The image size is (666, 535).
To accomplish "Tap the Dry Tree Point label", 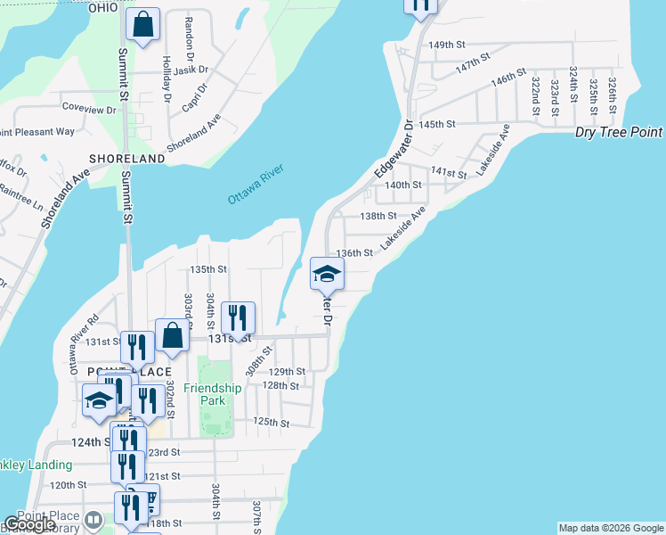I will [619, 132].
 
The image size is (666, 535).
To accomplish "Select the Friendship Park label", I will [213, 394].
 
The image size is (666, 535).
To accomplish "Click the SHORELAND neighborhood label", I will [127, 159].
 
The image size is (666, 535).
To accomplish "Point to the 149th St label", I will [447, 45].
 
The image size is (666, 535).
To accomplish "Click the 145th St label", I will [438, 125].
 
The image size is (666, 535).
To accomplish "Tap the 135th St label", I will [209, 268].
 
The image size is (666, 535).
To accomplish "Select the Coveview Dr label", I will [89, 108].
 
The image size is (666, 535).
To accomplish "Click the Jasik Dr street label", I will [191, 70].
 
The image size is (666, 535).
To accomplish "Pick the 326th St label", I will [613, 93].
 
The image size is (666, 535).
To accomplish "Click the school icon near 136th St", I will [327, 274].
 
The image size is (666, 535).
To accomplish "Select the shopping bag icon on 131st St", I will [173, 336].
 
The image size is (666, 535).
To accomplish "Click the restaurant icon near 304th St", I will [238, 317].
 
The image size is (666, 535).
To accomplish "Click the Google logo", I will [29, 524].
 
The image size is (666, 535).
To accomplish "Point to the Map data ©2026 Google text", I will [611, 528].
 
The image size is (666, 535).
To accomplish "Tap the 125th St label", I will [272, 422].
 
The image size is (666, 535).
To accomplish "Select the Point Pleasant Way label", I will [37, 132].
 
